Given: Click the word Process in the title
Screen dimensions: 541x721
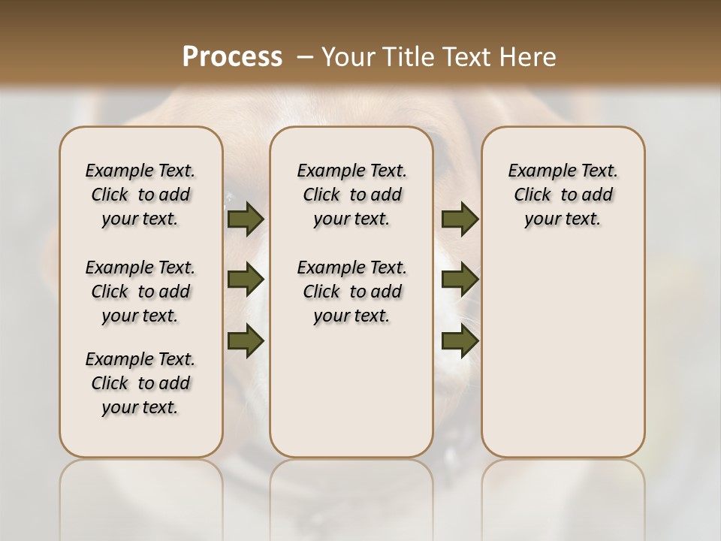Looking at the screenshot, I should (x=232, y=56).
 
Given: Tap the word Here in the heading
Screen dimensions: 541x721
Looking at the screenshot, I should (x=530, y=56).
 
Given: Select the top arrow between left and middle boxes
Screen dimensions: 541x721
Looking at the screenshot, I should (x=246, y=219).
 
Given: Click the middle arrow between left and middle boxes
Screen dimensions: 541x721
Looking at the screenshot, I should (x=246, y=280).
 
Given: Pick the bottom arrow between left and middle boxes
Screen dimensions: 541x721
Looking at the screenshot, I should (x=246, y=340).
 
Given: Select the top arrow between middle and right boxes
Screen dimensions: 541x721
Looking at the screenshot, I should (x=460, y=219).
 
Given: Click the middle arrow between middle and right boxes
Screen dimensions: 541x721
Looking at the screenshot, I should (x=460, y=280).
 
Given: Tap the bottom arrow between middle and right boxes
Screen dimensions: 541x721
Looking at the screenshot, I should (x=460, y=340).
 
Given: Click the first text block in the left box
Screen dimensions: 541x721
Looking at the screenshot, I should (x=140, y=195).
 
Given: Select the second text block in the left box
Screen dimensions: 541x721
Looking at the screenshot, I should (x=140, y=292).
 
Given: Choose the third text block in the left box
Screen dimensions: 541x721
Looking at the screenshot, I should (x=140, y=383).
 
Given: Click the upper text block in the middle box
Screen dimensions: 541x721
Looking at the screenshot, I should (x=351, y=195).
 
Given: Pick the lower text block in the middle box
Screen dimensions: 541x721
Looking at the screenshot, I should (x=351, y=292).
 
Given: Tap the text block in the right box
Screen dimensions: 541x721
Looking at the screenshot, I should (x=563, y=195).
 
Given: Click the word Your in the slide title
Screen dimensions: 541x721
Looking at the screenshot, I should (x=348, y=56).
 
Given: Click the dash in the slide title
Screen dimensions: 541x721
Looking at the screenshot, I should (x=305, y=56).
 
